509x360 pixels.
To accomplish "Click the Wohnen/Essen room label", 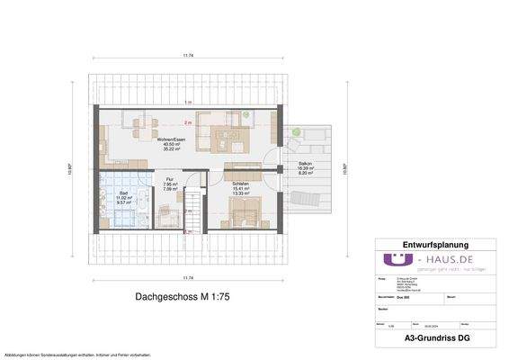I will point(167,139).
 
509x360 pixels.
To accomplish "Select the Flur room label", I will point(167,180).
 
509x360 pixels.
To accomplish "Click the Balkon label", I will point(305,164).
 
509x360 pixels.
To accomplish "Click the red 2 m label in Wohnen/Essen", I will point(187,121).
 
